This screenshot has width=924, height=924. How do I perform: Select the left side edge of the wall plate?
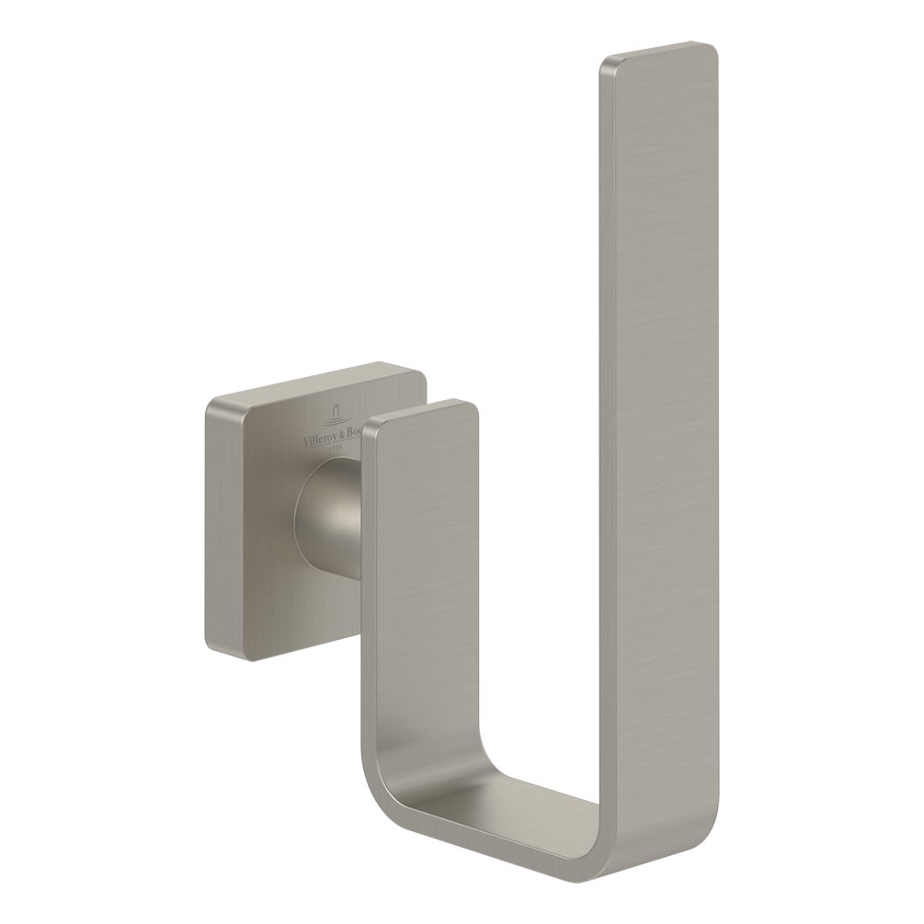207,524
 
